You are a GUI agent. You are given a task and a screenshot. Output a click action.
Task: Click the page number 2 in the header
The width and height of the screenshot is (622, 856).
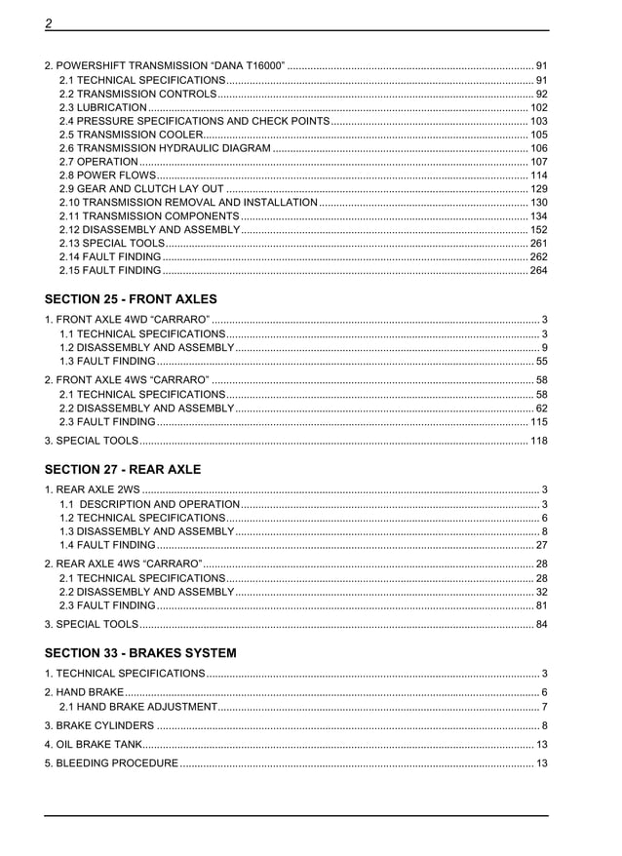tap(49, 22)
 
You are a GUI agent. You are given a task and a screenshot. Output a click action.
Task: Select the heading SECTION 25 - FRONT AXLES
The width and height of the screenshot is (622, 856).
tap(131, 299)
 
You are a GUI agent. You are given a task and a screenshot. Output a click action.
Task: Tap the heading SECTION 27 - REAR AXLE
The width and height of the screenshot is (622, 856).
tap(123, 469)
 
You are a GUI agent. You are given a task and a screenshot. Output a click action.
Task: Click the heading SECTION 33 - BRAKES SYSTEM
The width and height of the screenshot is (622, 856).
tap(140, 652)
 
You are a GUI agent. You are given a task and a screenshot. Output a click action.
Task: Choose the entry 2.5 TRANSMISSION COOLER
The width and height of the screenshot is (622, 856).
tap(132, 135)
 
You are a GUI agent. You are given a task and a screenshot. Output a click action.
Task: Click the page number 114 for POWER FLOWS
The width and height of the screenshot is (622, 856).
tap(538, 175)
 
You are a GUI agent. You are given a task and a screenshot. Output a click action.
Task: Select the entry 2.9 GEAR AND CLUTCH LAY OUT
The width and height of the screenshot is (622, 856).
tap(142, 189)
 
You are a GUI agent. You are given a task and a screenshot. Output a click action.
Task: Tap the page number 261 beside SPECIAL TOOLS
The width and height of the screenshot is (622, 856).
tap(538, 244)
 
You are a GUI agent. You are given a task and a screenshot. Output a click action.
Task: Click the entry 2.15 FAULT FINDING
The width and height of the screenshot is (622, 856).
tap(110, 271)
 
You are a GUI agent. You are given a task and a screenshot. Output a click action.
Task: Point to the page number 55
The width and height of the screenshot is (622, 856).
tap(541, 362)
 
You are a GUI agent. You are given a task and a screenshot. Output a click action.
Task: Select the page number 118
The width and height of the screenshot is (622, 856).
tap(538, 442)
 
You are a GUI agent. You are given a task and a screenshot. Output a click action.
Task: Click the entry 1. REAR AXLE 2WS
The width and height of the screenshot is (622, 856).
tap(93, 489)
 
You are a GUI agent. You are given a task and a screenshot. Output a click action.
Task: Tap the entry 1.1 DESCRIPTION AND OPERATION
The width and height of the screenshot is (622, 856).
tap(149, 504)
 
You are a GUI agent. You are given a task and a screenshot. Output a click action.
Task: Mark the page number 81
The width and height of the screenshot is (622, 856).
tap(541, 605)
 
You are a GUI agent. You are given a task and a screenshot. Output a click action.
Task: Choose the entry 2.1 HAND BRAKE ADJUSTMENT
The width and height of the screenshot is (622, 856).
tap(138, 707)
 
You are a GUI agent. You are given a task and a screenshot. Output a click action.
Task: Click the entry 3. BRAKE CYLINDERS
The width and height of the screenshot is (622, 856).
tap(99, 726)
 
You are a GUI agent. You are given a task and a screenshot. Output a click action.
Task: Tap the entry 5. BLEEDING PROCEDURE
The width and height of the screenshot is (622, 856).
tap(111, 762)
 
